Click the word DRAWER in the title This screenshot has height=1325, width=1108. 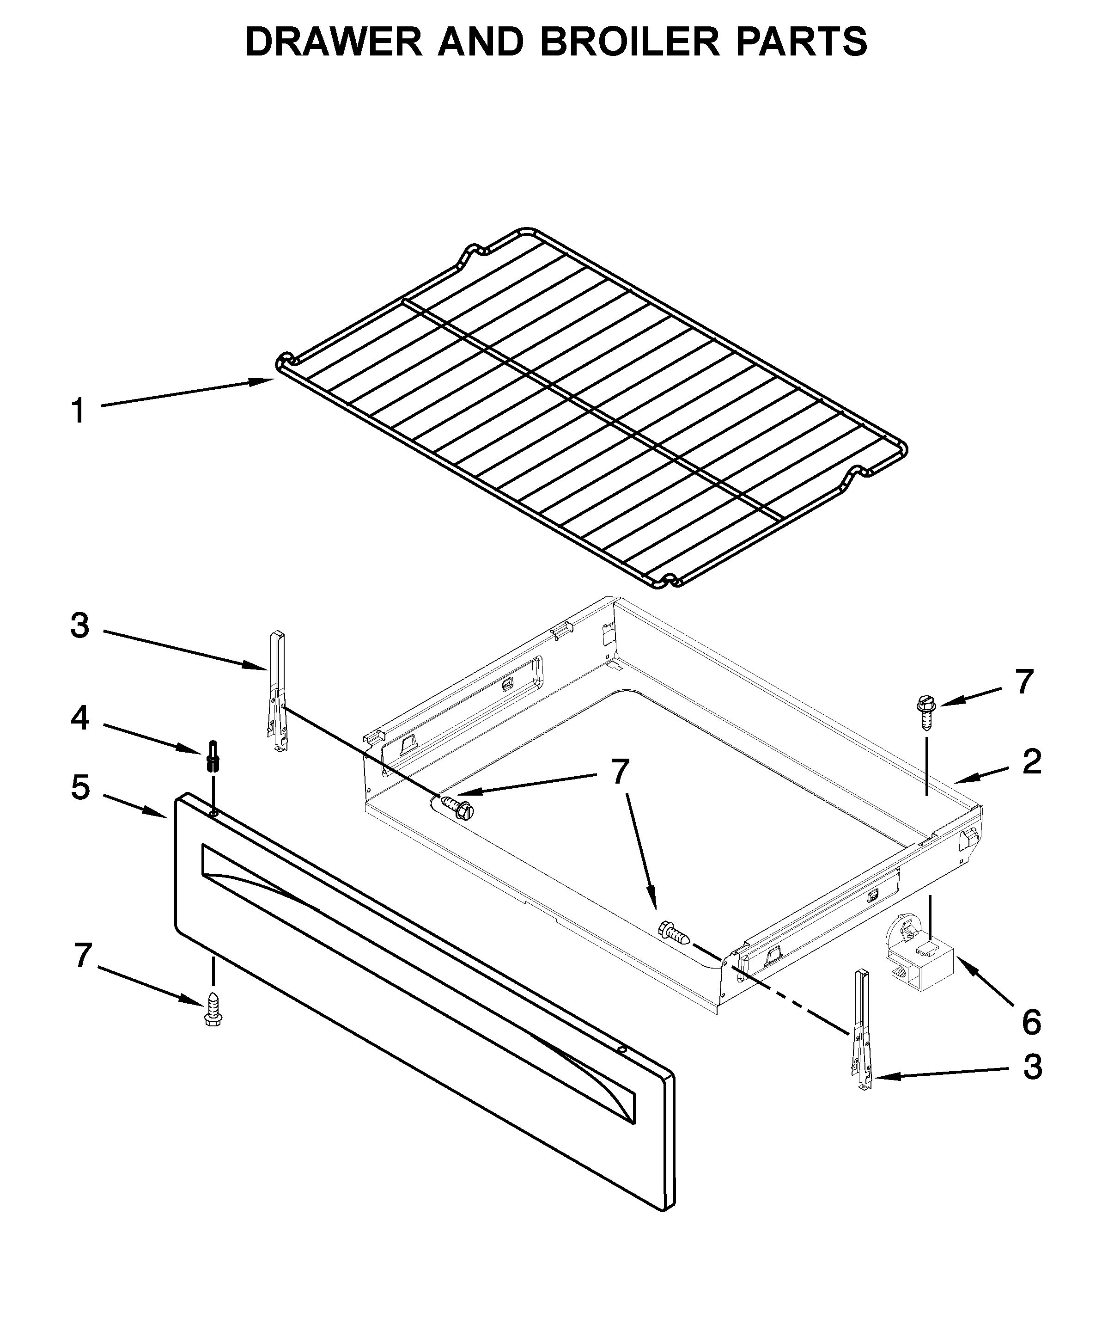click(333, 42)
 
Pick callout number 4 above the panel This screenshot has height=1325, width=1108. click(80, 718)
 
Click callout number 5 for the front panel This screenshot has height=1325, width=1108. click(80, 788)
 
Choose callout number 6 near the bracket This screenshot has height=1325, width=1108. click(1031, 1022)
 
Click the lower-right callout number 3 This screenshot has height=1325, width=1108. click(1032, 1067)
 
